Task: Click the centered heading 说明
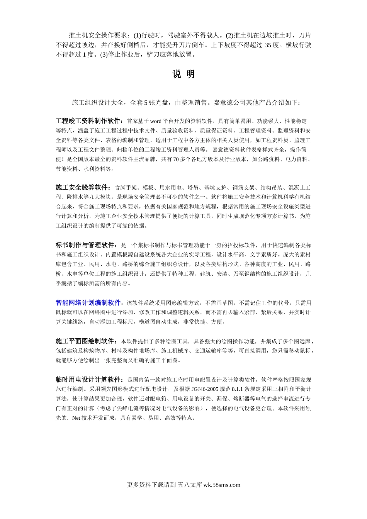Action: point(183,74)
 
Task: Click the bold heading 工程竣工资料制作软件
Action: point(89,121)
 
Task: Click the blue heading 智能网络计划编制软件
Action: point(88,303)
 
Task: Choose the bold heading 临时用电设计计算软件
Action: point(88,380)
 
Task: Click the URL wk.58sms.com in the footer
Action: point(222,485)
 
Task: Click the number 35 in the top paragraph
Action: point(268,45)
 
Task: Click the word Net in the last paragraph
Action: point(76,418)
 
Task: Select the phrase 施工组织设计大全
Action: point(98,103)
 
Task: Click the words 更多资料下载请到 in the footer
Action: point(151,485)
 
